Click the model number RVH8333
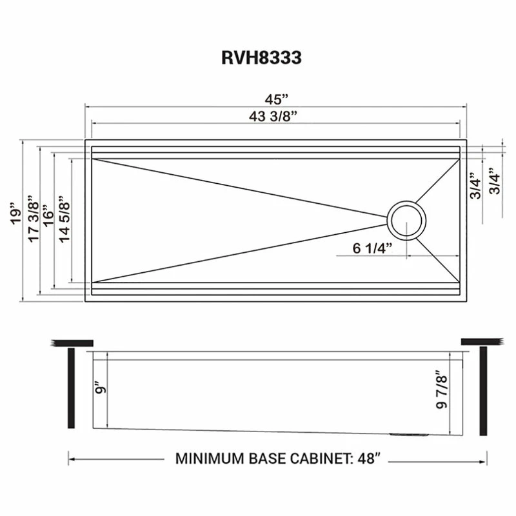click(x=261, y=57)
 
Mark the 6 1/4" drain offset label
click(x=372, y=249)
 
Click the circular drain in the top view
click(x=406, y=219)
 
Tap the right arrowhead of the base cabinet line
click(x=482, y=460)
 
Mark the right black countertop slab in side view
click(x=481, y=341)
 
